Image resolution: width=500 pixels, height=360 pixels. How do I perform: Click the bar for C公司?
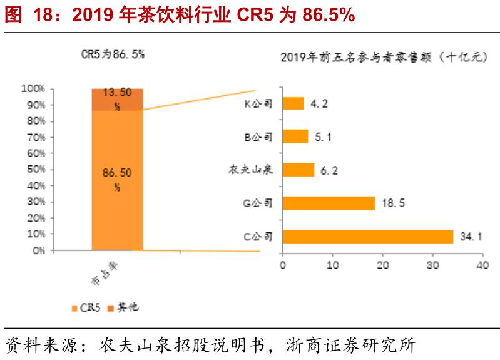(x=368, y=237)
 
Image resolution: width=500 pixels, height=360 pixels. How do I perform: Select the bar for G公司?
(x=329, y=203)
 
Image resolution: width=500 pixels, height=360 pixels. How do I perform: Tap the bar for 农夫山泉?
(x=298, y=170)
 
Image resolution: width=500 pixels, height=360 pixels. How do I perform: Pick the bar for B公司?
(x=295, y=136)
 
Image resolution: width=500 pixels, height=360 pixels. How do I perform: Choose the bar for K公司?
(x=293, y=103)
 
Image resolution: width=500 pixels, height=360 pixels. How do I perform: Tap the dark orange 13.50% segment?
(x=117, y=99)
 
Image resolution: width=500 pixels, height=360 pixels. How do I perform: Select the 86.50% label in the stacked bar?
(x=117, y=178)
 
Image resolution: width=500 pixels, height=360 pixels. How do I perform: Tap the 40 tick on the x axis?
(x=482, y=265)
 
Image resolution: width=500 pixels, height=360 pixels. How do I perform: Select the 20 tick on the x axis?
(x=382, y=265)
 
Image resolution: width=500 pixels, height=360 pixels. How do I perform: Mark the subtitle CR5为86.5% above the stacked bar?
(x=113, y=54)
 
